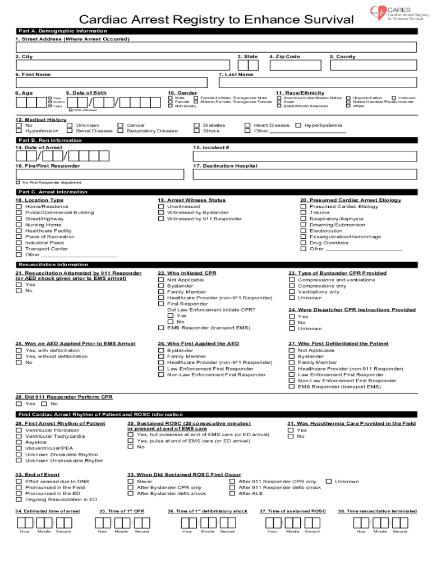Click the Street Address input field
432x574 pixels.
216,48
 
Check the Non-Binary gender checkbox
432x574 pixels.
171,106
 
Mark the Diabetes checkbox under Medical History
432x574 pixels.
196,126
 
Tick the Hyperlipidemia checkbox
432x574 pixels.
298,126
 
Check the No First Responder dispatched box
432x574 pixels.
18,183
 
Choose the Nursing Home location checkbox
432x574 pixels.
19,225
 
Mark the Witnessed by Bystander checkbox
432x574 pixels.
161,212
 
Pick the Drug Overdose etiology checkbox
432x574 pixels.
304,243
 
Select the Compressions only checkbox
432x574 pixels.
292,286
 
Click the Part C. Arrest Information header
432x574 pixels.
53,192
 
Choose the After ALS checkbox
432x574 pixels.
232,494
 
